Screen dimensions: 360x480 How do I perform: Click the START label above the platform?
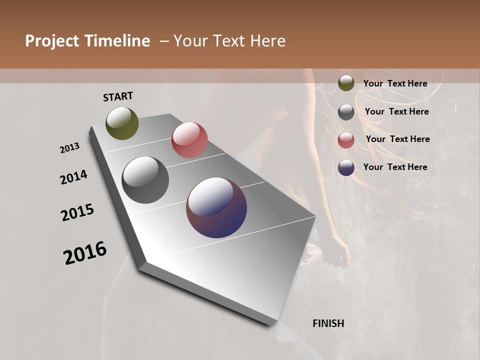(118, 96)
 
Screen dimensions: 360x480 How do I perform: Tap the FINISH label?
(328, 323)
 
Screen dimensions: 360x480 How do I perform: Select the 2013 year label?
(70, 148)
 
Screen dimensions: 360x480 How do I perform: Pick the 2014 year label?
(74, 177)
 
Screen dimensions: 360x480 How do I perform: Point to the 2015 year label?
(77, 212)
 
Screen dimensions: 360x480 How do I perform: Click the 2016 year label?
(85, 253)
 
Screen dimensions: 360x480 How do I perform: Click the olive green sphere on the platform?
(122, 123)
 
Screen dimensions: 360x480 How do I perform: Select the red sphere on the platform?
(189, 140)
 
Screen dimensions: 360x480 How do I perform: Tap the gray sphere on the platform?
(145, 180)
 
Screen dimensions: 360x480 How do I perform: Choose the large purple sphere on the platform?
(216, 207)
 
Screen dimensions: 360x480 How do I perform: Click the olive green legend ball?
(346, 83)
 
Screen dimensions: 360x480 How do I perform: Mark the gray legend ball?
(346, 112)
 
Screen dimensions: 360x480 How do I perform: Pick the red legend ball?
(346, 140)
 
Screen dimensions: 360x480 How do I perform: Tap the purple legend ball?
(346, 167)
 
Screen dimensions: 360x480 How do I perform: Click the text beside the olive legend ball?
(395, 83)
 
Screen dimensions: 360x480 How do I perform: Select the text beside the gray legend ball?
(396, 111)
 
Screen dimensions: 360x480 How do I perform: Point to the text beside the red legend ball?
(397, 139)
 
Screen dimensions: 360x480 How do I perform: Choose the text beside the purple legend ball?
(395, 167)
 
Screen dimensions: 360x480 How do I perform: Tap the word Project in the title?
(51, 41)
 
